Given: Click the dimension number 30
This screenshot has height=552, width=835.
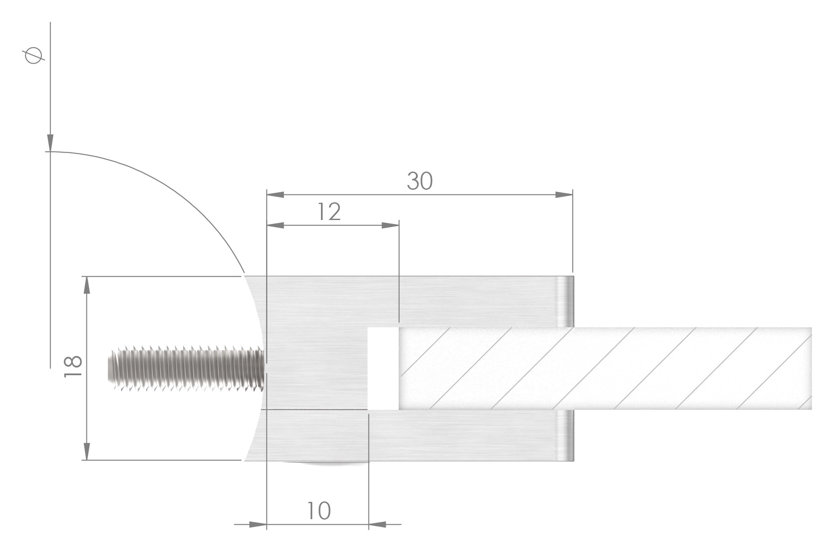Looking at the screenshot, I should (419, 181).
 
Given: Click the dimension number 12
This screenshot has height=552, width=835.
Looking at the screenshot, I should (329, 212).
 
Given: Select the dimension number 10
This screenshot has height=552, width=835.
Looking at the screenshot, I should (319, 511).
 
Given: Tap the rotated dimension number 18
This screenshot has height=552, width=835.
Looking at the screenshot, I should (73, 367).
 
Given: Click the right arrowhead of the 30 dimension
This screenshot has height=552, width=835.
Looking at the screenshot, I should (564, 195).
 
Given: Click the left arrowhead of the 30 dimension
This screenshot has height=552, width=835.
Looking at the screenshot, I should (276, 195).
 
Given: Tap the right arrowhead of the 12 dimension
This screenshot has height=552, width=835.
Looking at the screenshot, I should (390, 225).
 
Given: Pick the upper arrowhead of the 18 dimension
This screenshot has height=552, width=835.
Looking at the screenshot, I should (87, 285).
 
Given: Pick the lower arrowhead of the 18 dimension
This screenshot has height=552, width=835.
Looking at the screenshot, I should (87, 451).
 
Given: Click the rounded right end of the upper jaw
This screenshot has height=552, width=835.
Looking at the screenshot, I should (565, 301).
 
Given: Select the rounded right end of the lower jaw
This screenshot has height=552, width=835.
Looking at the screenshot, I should (565, 436).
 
